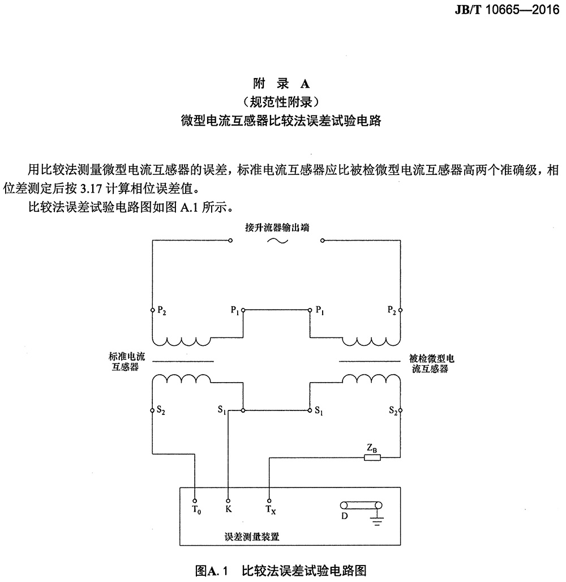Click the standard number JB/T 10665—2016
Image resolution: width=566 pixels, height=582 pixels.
(x=507, y=9)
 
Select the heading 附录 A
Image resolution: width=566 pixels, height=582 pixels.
(x=281, y=84)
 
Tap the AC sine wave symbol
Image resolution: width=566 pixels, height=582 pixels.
(x=277, y=241)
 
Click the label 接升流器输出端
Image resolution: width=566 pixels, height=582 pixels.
(x=277, y=227)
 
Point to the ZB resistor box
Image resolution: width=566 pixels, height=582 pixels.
(x=372, y=457)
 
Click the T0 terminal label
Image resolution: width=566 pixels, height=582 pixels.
(x=196, y=510)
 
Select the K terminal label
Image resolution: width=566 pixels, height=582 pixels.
(x=228, y=509)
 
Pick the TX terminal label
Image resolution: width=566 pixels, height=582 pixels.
(x=271, y=510)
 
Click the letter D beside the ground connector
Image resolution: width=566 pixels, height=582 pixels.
(x=345, y=516)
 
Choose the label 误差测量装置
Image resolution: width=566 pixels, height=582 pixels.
(x=252, y=537)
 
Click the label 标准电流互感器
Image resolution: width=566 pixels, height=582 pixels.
(x=126, y=362)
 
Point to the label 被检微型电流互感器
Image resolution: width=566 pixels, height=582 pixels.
(x=431, y=363)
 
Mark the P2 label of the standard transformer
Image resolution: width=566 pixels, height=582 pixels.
(x=161, y=310)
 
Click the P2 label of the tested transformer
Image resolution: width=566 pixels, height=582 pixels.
(x=392, y=310)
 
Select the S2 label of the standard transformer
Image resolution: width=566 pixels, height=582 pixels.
(x=161, y=410)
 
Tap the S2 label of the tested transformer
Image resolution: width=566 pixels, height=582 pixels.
(x=393, y=410)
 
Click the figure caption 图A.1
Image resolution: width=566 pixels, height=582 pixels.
(x=211, y=570)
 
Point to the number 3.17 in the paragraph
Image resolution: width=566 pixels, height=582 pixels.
(x=91, y=189)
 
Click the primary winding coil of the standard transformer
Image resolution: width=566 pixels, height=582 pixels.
(x=182, y=341)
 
